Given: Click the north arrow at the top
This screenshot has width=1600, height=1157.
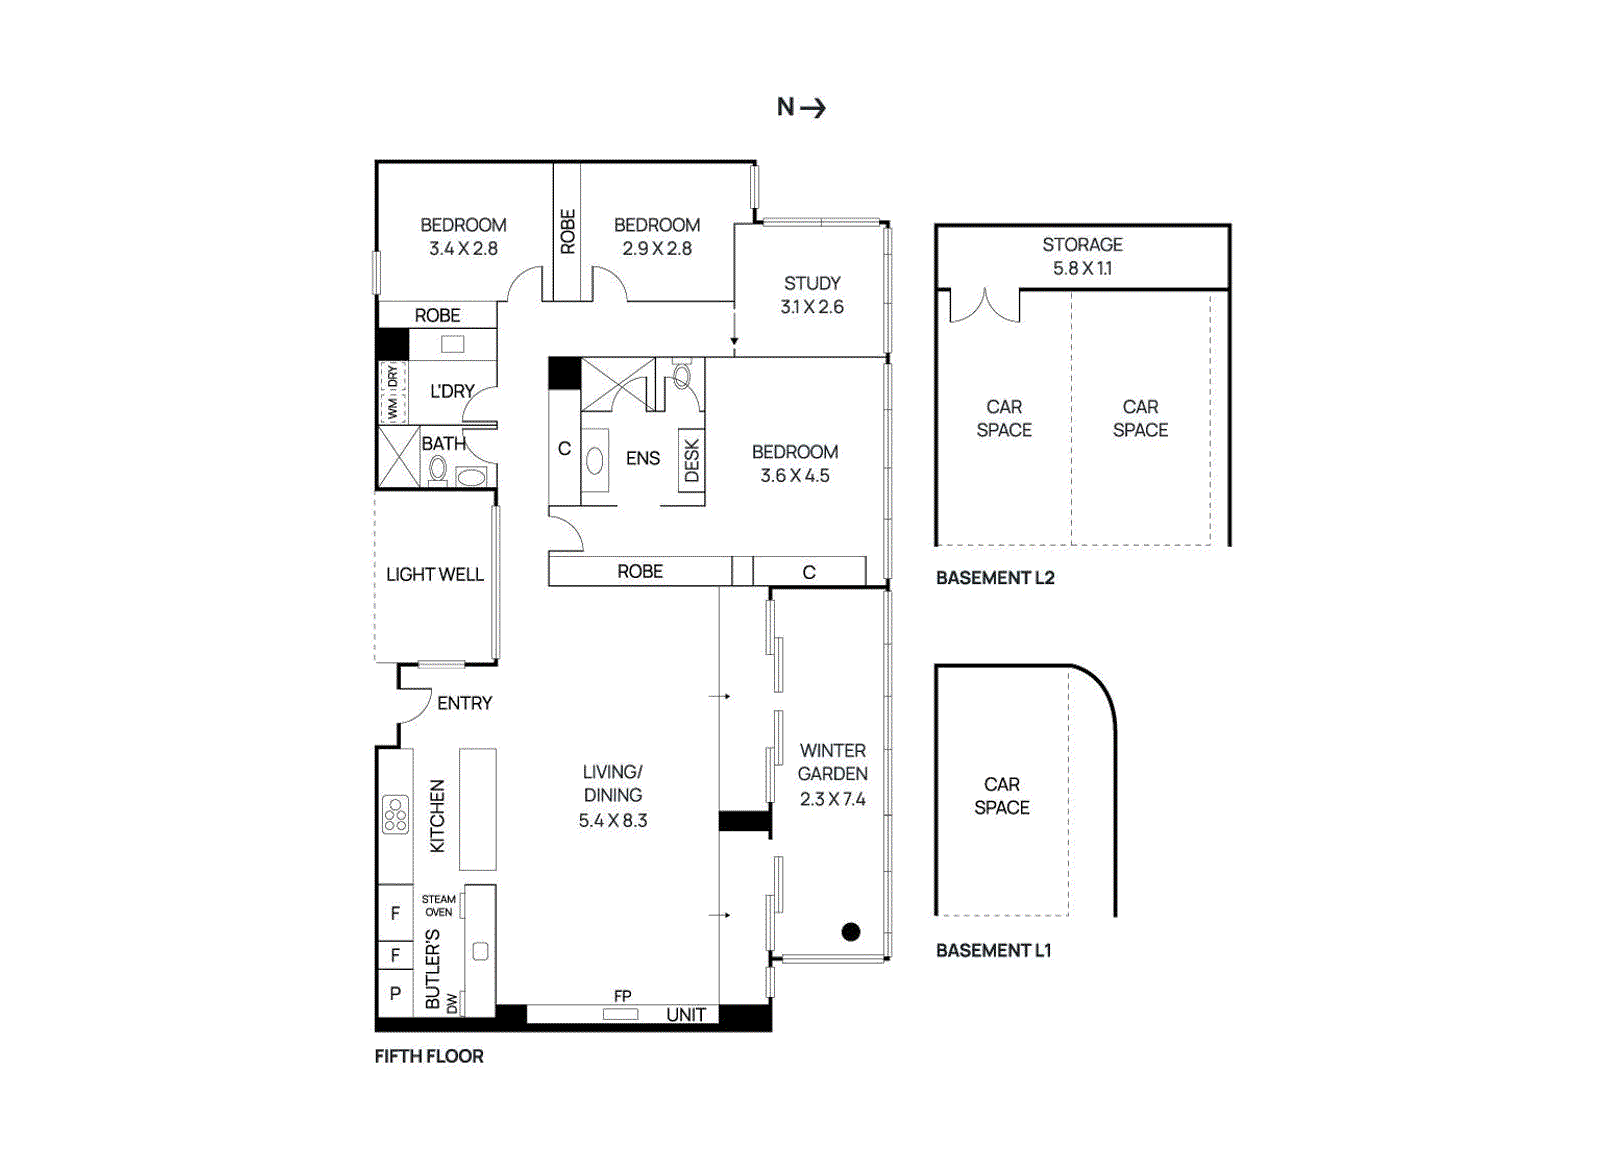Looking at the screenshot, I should (x=802, y=107).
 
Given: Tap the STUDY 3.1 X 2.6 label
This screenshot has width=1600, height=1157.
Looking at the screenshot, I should (x=812, y=295).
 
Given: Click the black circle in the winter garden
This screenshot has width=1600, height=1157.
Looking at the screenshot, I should (x=851, y=932).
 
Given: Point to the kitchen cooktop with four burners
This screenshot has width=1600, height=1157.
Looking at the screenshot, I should (x=395, y=814).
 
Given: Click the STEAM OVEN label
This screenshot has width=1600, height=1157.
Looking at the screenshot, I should (x=438, y=905).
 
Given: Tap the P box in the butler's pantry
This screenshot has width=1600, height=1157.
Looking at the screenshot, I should (x=395, y=994).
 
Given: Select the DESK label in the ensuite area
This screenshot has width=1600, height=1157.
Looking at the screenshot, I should (x=691, y=462).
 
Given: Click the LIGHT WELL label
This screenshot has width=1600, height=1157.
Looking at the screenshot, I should (x=434, y=574).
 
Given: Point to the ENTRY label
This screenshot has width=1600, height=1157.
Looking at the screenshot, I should (x=464, y=703).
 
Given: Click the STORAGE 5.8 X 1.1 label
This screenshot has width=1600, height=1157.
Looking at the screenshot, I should (x=1082, y=256).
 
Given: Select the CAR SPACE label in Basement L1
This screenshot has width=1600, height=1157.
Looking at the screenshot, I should (x=1001, y=796).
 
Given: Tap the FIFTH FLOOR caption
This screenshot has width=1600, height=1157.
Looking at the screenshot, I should (x=429, y=1056).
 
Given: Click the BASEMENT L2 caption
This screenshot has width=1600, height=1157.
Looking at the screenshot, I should (x=995, y=577).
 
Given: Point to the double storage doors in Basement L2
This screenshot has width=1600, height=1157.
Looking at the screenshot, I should (x=984, y=306).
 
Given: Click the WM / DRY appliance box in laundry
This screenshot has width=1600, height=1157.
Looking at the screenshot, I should (x=392, y=392).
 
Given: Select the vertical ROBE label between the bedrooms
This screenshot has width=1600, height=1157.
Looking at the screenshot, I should (x=567, y=231).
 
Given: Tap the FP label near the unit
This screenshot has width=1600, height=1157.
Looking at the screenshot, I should (x=622, y=996).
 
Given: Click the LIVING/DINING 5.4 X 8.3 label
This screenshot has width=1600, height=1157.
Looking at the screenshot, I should (x=612, y=796).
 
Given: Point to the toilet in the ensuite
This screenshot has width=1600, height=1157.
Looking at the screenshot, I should (x=682, y=376).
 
